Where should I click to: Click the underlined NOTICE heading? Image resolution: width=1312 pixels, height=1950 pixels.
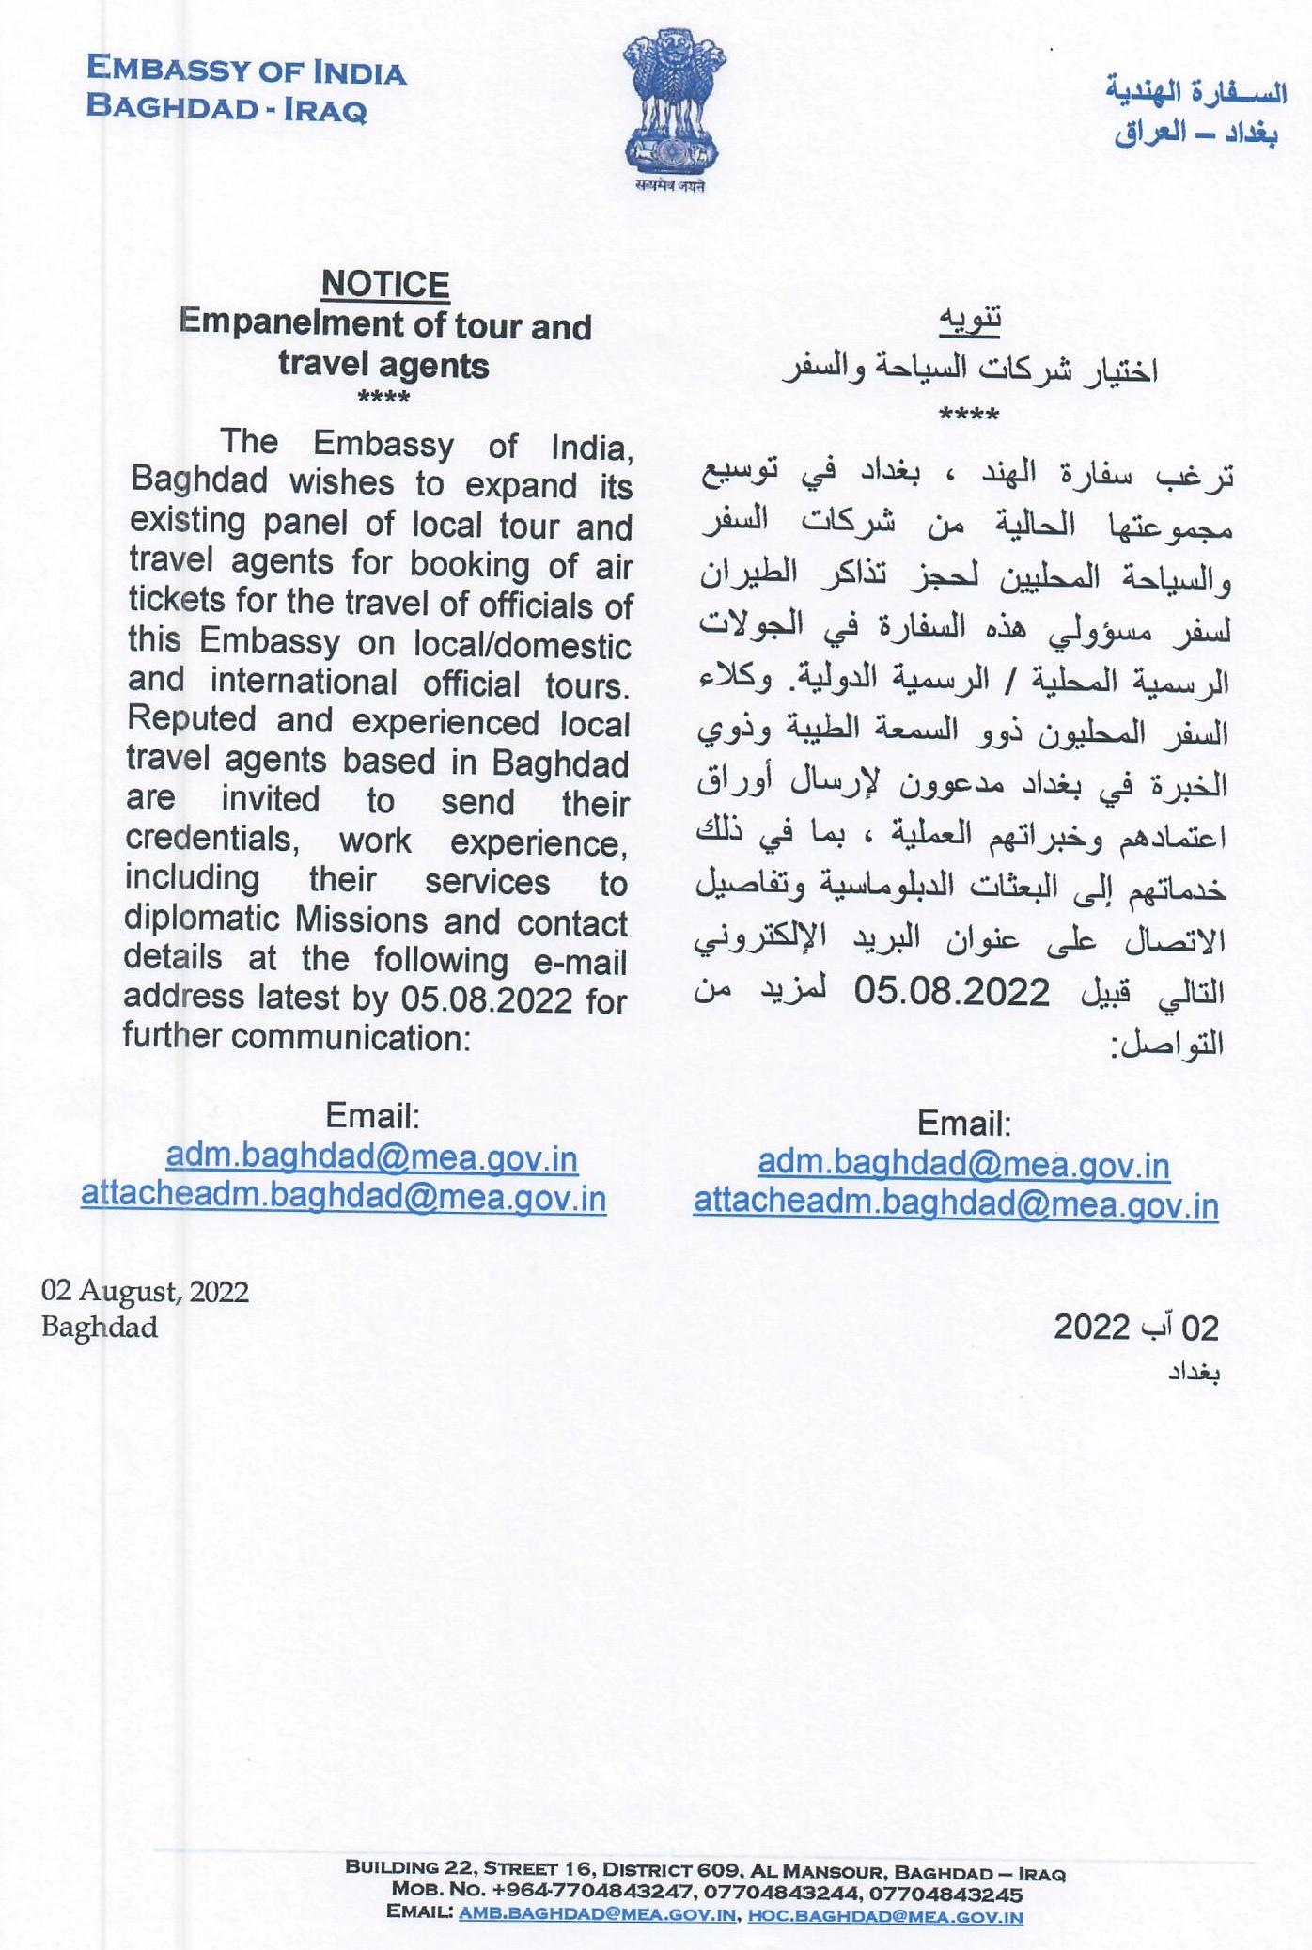[x=385, y=284]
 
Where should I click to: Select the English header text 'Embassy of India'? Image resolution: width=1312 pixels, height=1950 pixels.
[x=246, y=71]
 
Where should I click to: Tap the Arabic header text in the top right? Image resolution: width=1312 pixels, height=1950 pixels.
[x=1195, y=113]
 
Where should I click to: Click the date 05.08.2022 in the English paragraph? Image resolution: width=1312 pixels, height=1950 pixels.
[x=487, y=999]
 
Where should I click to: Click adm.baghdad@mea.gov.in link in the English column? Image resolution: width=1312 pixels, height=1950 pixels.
[x=371, y=1157]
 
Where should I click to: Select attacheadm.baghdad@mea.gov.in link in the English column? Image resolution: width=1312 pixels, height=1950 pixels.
[x=344, y=1196]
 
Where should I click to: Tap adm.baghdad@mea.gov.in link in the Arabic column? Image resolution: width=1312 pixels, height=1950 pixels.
[x=963, y=1165]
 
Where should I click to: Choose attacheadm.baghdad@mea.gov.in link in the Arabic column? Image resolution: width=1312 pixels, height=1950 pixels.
[x=956, y=1204]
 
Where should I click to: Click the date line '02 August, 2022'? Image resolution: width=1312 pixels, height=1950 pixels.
[x=145, y=1292]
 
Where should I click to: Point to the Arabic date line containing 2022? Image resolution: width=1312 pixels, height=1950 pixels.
[x=1136, y=1328]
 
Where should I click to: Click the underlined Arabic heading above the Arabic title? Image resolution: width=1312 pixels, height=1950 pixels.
[x=971, y=320]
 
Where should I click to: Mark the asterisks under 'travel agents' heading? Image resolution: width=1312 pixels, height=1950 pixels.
[x=384, y=398]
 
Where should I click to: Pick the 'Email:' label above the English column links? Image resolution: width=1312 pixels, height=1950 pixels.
[x=372, y=1116]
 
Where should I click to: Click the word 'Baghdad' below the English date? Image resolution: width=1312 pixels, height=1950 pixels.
[x=100, y=1328]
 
